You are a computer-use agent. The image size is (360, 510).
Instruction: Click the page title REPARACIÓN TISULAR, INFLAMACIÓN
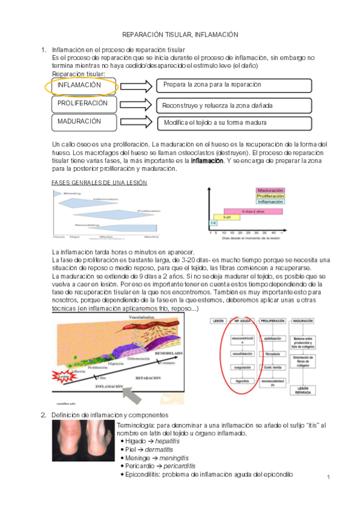180,35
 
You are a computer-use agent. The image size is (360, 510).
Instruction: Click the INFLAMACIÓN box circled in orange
81,86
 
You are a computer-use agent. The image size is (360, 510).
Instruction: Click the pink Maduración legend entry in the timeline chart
270,190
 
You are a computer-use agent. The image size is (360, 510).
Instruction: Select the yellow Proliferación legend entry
270,196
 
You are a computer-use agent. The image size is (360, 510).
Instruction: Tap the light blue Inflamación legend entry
270,202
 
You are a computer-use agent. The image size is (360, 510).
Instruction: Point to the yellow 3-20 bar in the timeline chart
227,217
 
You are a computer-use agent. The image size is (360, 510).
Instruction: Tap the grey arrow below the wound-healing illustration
134,393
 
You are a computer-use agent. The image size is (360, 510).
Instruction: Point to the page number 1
329,477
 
